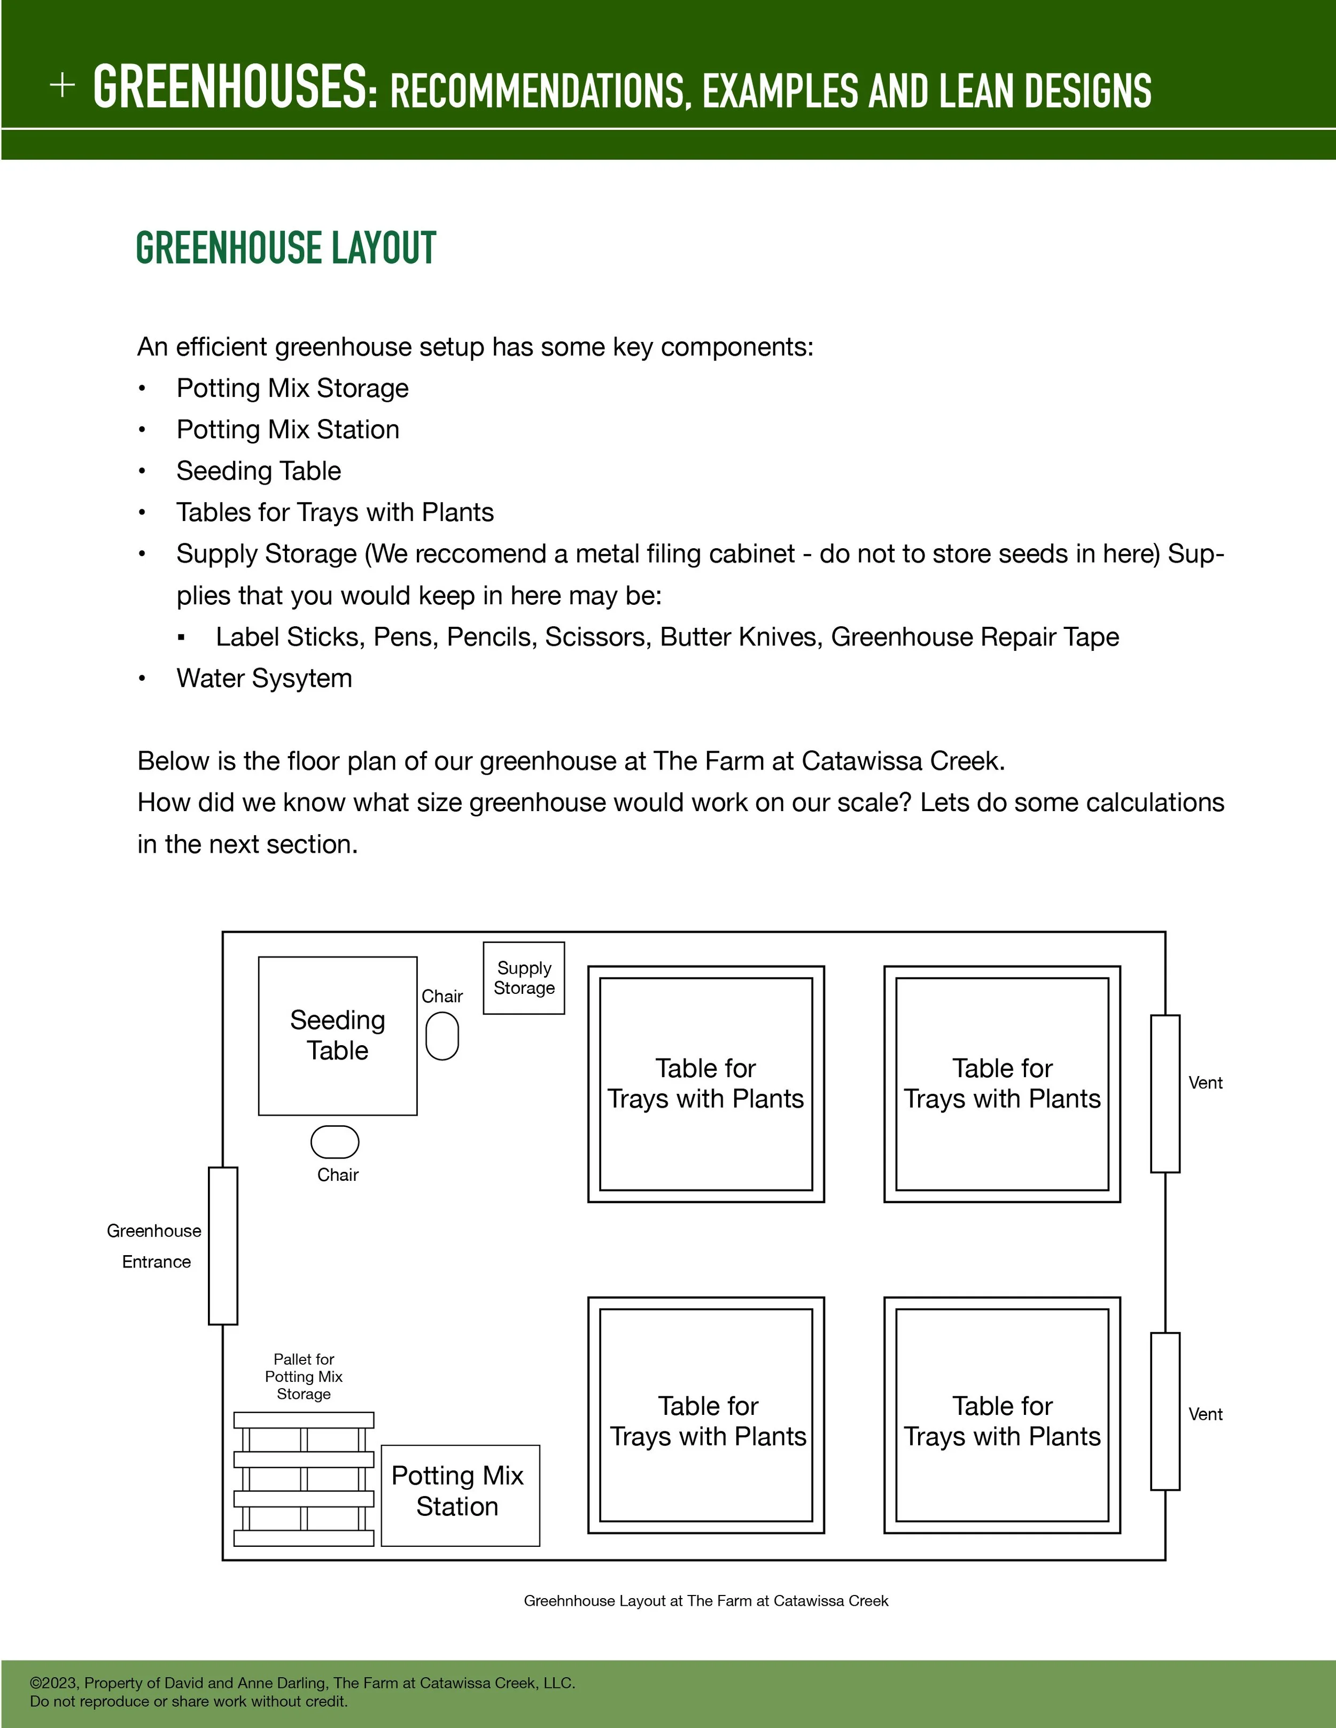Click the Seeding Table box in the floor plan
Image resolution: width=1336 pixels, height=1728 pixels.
(337, 1036)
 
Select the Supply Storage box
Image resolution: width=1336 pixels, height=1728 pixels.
(523, 978)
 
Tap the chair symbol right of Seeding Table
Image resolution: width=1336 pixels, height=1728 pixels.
(441, 1037)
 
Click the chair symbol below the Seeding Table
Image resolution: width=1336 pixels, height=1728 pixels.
(335, 1142)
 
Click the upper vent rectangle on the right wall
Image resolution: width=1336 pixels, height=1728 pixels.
(1164, 1093)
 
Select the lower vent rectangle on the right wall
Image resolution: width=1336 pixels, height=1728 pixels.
(1164, 1411)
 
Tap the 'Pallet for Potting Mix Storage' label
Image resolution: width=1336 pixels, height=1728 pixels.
(304, 1377)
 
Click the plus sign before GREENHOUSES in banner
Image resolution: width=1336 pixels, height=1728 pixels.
(63, 85)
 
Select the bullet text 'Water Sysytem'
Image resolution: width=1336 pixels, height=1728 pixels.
(265, 679)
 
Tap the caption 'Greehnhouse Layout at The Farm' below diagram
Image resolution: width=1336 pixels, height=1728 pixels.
(705, 1601)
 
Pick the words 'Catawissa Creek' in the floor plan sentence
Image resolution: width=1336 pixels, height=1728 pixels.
(902, 761)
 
